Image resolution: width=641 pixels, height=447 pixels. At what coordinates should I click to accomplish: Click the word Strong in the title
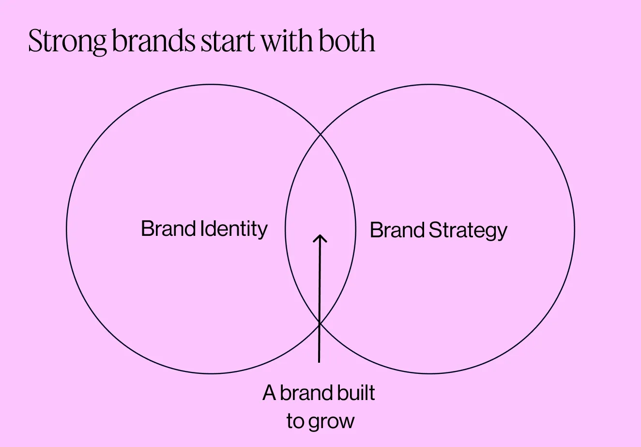coord(67,42)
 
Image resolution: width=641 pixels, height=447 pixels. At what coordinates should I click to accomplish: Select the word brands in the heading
coord(153,41)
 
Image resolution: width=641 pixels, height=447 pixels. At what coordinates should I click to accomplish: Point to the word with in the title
coord(288,41)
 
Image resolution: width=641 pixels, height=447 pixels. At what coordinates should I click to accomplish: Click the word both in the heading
coord(347,41)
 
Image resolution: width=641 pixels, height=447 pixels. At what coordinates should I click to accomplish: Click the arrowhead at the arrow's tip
coord(320,237)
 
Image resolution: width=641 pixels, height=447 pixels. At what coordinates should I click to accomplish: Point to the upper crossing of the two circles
coord(320,135)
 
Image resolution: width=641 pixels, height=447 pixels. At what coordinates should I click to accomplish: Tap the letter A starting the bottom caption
coord(270,393)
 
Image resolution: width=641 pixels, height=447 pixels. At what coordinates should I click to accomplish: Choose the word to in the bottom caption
coord(295,422)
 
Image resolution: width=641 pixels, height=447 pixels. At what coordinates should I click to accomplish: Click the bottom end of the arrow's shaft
coord(319,361)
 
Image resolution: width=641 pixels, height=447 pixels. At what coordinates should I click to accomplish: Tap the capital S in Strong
coord(34,42)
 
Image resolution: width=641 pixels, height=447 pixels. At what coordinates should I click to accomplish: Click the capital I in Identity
coord(203,228)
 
